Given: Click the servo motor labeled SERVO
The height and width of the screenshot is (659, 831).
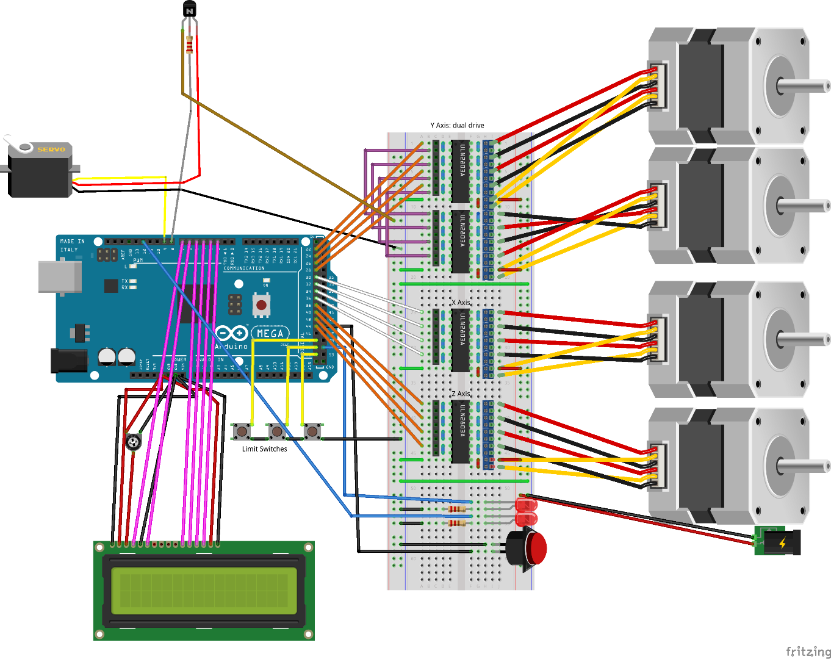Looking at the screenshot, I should (x=40, y=171).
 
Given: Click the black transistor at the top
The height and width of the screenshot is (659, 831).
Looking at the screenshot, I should (x=190, y=10).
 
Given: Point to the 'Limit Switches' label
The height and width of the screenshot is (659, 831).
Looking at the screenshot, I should (x=264, y=449).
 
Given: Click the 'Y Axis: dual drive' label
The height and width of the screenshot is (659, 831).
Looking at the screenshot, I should (x=457, y=125).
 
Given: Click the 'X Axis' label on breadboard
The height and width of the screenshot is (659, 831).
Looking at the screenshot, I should (x=461, y=303).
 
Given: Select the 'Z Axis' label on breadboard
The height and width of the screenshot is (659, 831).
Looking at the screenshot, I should (x=461, y=394).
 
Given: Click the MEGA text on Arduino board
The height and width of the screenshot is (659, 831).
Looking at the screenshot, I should (x=270, y=333).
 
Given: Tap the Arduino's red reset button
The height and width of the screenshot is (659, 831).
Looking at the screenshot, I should (x=261, y=304).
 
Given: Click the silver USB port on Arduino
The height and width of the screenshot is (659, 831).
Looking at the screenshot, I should (x=59, y=276).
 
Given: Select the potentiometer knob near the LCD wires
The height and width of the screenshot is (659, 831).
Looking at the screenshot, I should (x=133, y=442).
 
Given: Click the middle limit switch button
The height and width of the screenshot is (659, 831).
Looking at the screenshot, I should (x=277, y=431).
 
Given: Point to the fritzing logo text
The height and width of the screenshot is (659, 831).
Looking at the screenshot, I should (x=807, y=651).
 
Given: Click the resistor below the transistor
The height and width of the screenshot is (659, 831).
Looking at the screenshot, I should (x=189, y=45).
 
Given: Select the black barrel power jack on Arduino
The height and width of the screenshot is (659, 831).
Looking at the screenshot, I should (x=68, y=361).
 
